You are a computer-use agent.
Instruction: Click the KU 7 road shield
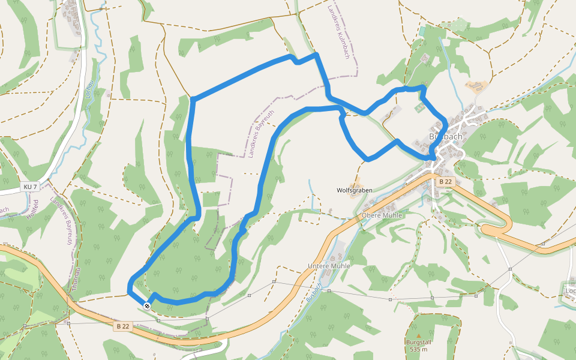point(31,187)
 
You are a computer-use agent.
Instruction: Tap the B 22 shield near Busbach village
point(445,181)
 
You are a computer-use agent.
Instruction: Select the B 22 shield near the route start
point(123,326)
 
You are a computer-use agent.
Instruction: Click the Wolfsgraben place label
point(354,190)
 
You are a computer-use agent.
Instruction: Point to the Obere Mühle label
point(382,215)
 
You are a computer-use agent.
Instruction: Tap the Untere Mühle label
point(328,265)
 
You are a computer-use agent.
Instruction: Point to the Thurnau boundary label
point(75,279)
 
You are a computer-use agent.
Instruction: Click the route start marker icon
point(147,306)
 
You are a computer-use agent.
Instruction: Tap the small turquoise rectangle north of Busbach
point(422,30)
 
